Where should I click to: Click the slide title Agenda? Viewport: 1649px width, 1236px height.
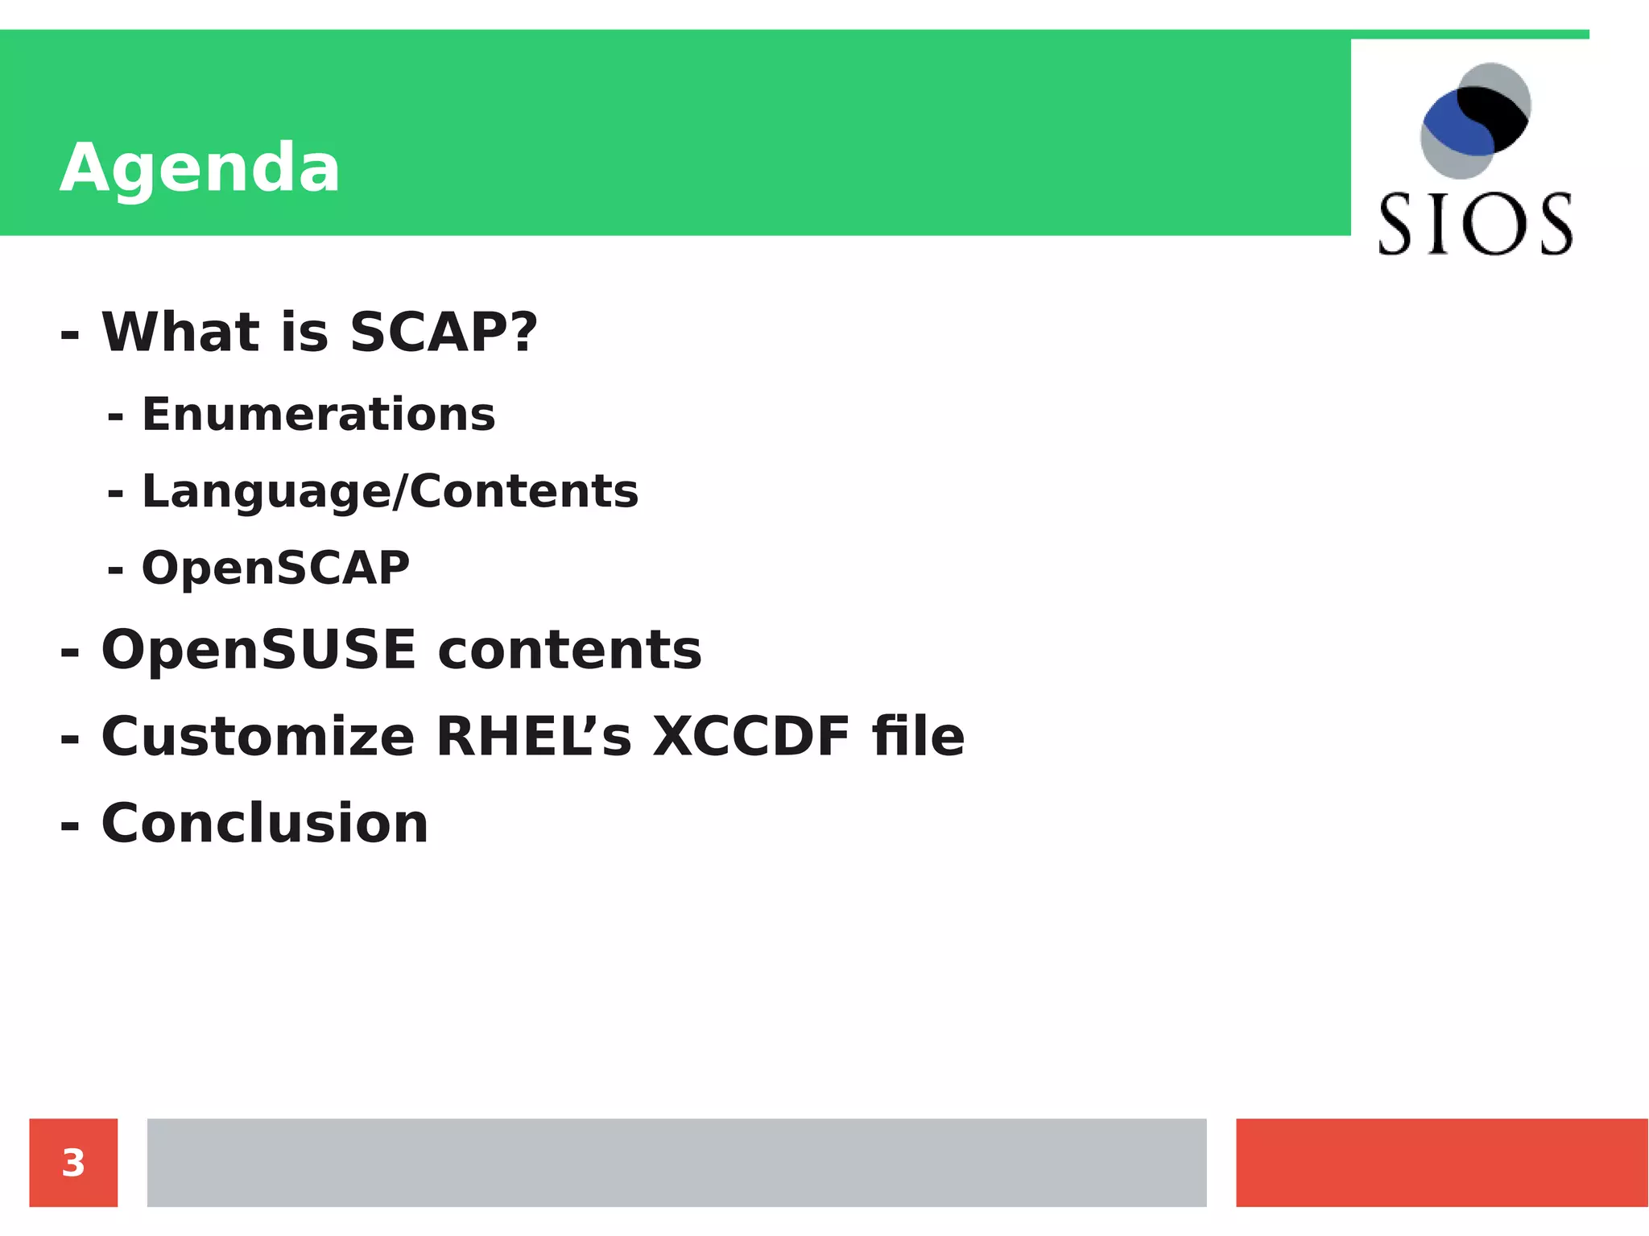pyautogui.click(x=200, y=168)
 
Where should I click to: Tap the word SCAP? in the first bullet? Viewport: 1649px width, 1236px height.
pyautogui.click(x=444, y=332)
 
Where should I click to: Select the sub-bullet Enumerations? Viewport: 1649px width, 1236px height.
pyautogui.click(x=318, y=415)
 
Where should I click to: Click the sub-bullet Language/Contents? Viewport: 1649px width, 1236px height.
pyautogui.click(x=390, y=491)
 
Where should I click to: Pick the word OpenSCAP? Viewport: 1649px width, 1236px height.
pyautogui.click(x=275, y=568)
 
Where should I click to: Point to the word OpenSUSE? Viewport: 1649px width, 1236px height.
pyautogui.click(x=258, y=650)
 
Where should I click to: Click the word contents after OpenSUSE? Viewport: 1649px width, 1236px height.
pyautogui.click(x=569, y=651)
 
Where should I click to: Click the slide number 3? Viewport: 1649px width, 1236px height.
pyautogui.click(x=73, y=1163)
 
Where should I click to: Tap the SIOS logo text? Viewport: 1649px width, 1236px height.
pyautogui.click(x=1475, y=225)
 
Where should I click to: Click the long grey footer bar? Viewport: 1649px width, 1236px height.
pyautogui.click(x=676, y=1163)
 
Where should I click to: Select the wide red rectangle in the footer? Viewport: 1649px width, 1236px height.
pyautogui.click(x=1441, y=1163)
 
